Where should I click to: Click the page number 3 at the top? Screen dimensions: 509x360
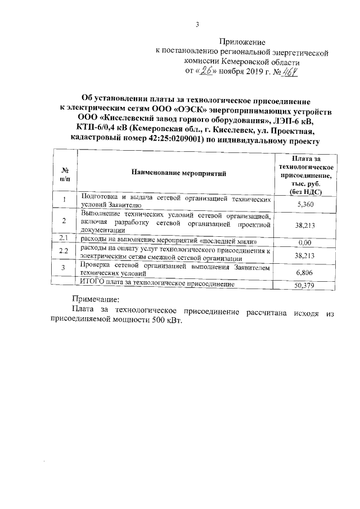pyautogui.click(x=197, y=24)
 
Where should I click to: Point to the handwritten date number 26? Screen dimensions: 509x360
pyautogui.click(x=210, y=71)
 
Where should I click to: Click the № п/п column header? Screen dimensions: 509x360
pyautogui.click(x=65, y=174)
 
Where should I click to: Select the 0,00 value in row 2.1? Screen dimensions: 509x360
pyautogui.click(x=304, y=242)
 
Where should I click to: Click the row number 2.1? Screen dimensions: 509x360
pyautogui.click(x=64, y=239)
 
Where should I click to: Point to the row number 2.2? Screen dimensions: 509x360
pyautogui.click(x=64, y=251)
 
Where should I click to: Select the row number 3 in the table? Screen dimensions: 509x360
pyautogui.click(x=64, y=267)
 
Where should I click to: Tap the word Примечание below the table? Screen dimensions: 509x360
pyautogui.click(x=98, y=300)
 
